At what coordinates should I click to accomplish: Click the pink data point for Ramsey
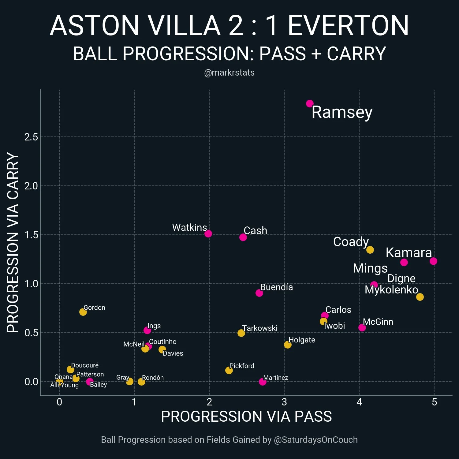(x=310, y=104)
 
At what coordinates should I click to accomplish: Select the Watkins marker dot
(x=208, y=234)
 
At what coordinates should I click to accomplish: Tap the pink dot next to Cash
(x=243, y=237)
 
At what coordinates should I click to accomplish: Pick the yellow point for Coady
(x=370, y=250)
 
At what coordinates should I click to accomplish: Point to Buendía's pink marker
(x=259, y=293)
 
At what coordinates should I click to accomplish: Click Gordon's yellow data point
(x=83, y=312)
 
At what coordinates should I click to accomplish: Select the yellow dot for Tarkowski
(x=241, y=333)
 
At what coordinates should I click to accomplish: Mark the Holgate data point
(x=288, y=345)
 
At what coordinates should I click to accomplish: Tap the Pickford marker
(x=229, y=371)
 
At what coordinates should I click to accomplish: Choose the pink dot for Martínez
(x=263, y=382)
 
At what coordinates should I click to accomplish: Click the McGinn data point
(x=362, y=328)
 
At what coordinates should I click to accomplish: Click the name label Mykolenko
(x=391, y=290)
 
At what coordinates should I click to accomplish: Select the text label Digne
(x=401, y=278)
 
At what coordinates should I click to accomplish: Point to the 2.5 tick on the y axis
(x=31, y=137)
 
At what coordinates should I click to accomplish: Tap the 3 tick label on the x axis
(x=284, y=402)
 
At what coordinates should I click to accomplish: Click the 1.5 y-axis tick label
(x=31, y=235)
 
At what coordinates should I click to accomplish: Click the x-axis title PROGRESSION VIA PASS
(x=246, y=416)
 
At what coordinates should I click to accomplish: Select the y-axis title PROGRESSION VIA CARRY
(x=13, y=242)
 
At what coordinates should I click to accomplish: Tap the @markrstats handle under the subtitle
(x=229, y=73)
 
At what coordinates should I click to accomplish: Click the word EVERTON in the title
(x=348, y=26)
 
